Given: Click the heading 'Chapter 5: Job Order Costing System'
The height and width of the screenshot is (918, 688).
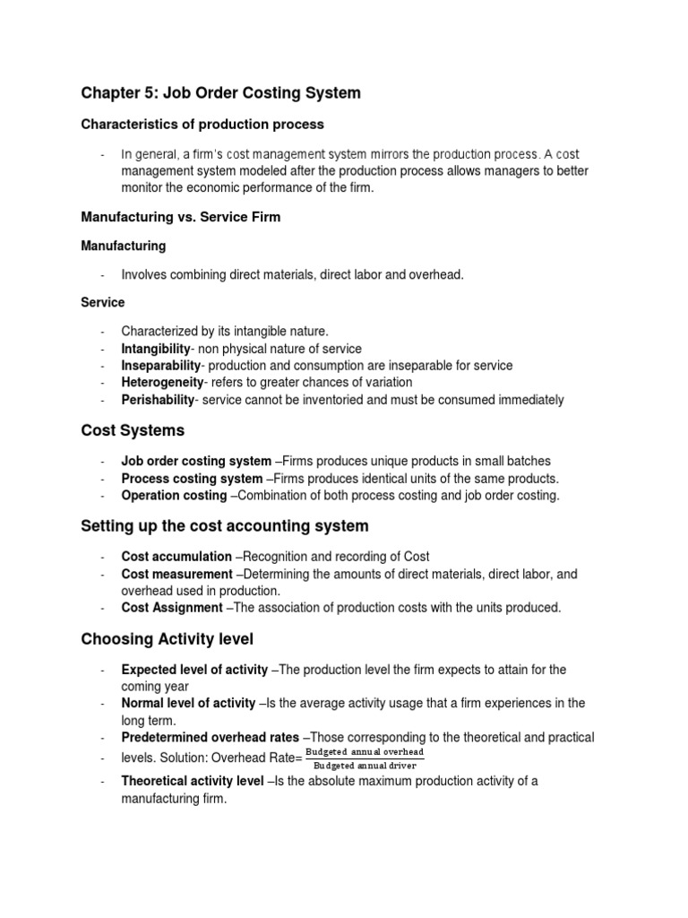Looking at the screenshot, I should pyautogui.click(x=220, y=92).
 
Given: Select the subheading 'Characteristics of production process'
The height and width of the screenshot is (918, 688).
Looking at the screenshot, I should pyautogui.click(x=202, y=124).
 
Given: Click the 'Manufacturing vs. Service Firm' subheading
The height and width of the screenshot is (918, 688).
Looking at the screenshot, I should pyautogui.click(x=180, y=217).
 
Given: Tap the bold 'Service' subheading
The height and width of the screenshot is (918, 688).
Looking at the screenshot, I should pyautogui.click(x=103, y=303).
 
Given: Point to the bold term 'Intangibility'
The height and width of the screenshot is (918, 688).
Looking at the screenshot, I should pyautogui.click(x=157, y=349).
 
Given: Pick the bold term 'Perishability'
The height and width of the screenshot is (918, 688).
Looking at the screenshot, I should pyautogui.click(x=159, y=400).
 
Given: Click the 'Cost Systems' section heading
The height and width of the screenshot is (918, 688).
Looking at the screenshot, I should pyautogui.click(x=133, y=431).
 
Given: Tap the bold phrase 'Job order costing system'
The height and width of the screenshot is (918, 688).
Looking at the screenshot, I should pyautogui.click(x=191, y=462).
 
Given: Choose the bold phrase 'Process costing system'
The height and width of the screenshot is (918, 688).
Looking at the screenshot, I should pyautogui.click(x=192, y=479).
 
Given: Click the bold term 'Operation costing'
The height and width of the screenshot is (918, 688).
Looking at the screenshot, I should pyautogui.click(x=174, y=496).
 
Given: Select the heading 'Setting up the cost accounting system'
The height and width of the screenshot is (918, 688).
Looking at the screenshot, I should pyautogui.click(x=224, y=526).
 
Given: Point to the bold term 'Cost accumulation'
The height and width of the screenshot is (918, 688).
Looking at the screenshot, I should pyautogui.click(x=176, y=557).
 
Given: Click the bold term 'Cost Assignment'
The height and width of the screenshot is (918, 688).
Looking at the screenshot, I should pyautogui.click(x=172, y=608).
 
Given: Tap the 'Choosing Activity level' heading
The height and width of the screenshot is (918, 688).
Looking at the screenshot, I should pyautogui.click(x=168, y=639).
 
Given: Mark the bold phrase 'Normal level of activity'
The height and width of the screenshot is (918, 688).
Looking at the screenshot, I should pyautogui.click(x=188, y=703).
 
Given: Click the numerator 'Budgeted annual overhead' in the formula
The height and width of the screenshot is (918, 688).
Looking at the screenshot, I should pyautogui.click(x=365, y=752).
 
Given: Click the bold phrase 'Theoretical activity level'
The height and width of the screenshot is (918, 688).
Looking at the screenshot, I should pyautogui.click(x=193, y=781).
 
